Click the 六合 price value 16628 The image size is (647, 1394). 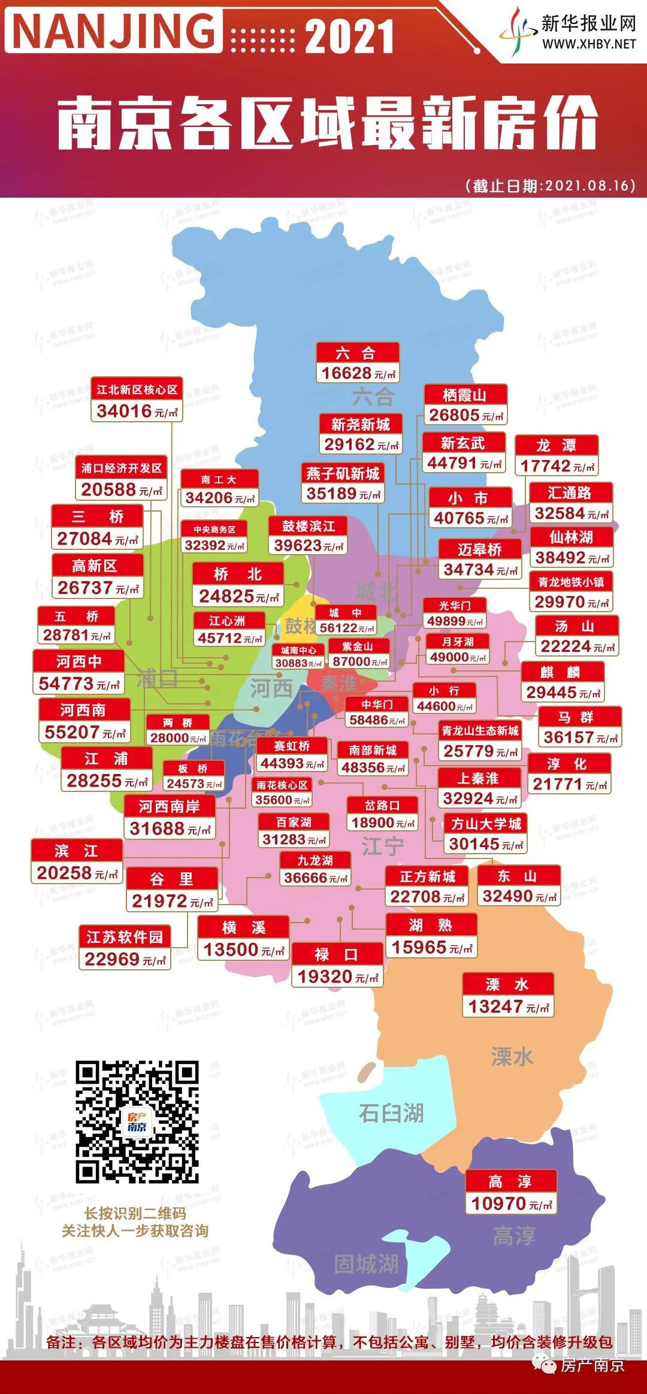click(x=346, y=373)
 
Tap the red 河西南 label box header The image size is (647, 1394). click(x=83, y=710)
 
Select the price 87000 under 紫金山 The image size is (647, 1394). click(x=352, y=662)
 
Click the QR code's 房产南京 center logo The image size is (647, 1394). click(x=137, y=1122)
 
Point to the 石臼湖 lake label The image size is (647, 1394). click(x=391, y=1113)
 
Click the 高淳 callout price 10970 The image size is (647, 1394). click(x=498, y=1204)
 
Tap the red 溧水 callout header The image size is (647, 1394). click(x=507, y=985)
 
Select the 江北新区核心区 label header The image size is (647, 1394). click(x=137, y=390)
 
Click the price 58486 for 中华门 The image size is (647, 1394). click(x=368, y=721)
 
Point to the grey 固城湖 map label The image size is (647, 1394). click(x=366, y=1265)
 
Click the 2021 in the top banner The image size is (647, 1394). click(x=350, y=37)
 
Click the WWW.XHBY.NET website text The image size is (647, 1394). click(x=589, y=44)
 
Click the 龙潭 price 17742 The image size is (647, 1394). click(x=545, y=466)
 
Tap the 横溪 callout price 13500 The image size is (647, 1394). click(x=231, y=950)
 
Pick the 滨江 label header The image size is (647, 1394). click(x=76, y=851)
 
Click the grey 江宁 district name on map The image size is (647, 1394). click(x=383, y=846)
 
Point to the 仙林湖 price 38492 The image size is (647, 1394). click(x=560, y=558)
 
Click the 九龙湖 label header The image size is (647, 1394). click(x=315, y=861)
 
